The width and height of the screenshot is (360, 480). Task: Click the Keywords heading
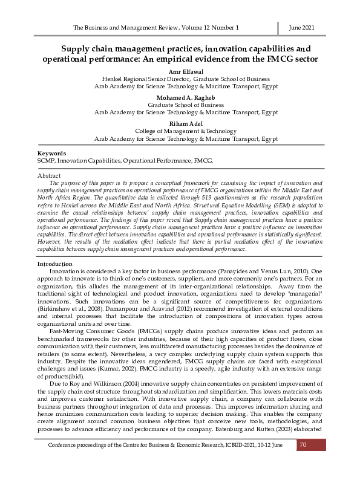(51, 154)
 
